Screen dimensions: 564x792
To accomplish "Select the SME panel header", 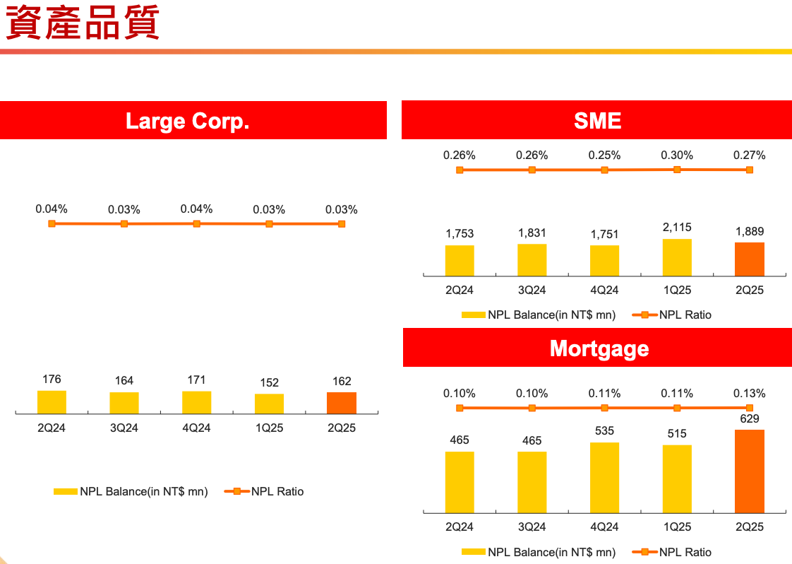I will [x=597, y=120].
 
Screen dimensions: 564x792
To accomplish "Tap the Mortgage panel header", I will [x=599, y=348].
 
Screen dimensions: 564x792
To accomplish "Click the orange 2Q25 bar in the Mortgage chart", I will [x=749, y=471].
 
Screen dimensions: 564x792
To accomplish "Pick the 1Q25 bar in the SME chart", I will [x=677, y=258].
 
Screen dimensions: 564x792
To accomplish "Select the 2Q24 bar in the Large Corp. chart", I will [x=52, y=402].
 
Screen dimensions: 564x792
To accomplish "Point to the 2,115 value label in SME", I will [x=677, y=228].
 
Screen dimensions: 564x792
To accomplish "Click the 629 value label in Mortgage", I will [x=749, y=419].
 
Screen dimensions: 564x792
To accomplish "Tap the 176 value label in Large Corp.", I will [x=52, y=380].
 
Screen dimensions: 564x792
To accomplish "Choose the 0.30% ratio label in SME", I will [x=677, y=155].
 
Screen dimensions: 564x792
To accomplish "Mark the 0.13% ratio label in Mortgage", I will [x=749, y=394].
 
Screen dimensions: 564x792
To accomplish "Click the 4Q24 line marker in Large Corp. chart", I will [x=197, y=223].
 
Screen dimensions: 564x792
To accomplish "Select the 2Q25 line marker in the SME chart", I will [x=749, y=170].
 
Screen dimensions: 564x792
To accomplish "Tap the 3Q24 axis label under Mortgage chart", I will [x=532, y=527].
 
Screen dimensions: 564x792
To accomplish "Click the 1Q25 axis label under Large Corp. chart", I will [x=269, y=428].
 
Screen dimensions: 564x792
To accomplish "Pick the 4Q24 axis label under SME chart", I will [x=604, y=290].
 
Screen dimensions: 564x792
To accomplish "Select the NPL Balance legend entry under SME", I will [x=539, y=315].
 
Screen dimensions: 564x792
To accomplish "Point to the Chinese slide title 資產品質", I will [x=83, y=23].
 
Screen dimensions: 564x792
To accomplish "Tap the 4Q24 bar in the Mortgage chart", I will [x=604, y=477].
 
